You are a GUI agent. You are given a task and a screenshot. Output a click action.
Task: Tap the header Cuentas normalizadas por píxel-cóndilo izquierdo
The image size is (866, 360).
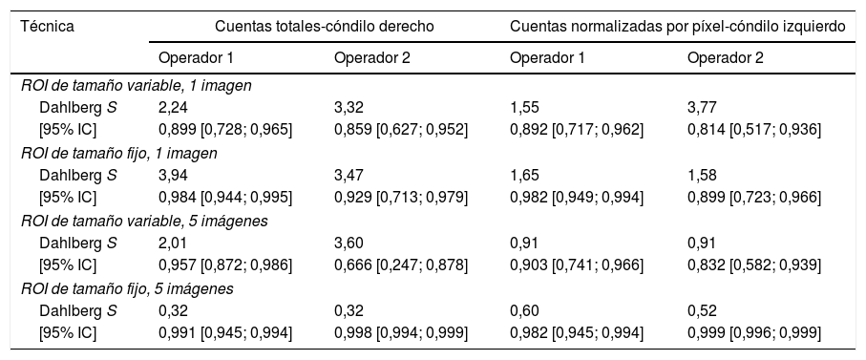[x=678, y=27]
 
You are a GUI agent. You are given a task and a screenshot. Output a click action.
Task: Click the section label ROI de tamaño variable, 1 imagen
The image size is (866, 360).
[x=136, y=85]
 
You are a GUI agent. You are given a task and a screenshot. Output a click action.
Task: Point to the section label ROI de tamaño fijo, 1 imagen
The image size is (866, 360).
[x=119, y=153]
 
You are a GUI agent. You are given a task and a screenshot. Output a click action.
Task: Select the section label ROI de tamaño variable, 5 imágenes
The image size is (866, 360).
[x=144, y=221]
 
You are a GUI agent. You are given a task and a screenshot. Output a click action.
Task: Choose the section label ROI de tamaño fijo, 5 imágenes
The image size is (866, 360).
[x=128, y=287]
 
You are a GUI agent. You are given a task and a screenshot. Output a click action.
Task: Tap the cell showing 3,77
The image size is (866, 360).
[x=702, y=107]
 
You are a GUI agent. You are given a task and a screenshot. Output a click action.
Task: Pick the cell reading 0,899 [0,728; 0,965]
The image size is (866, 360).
[x=225, y=129]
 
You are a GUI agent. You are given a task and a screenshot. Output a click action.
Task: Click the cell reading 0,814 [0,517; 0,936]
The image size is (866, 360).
[x=753, y=129]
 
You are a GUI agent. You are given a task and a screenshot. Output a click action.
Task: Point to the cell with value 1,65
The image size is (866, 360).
[x=525, y=175]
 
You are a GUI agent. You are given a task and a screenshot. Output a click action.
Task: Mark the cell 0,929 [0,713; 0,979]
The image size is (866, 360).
[x=401, y=197]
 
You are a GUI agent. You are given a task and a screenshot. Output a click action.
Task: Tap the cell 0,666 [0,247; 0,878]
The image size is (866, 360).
[x=401, y=265]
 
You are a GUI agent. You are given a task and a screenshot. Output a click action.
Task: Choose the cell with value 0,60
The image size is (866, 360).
[x=525, y=309]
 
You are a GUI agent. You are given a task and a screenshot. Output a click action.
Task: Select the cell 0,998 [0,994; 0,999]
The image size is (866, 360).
[x=401, y=331]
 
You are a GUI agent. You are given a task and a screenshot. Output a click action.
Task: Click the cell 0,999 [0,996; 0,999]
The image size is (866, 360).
[x=753, y=331]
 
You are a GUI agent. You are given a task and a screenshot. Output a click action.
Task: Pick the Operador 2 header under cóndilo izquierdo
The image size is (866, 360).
[x=725, y=58]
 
